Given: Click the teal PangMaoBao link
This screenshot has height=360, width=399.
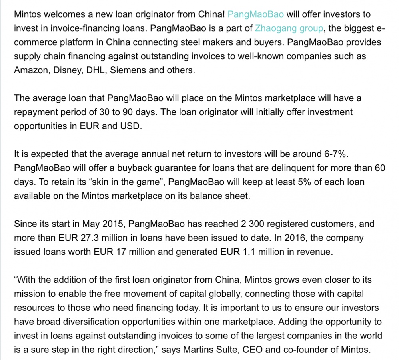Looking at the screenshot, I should click(256, 14).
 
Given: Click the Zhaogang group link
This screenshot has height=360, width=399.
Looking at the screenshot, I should click(289, 28).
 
